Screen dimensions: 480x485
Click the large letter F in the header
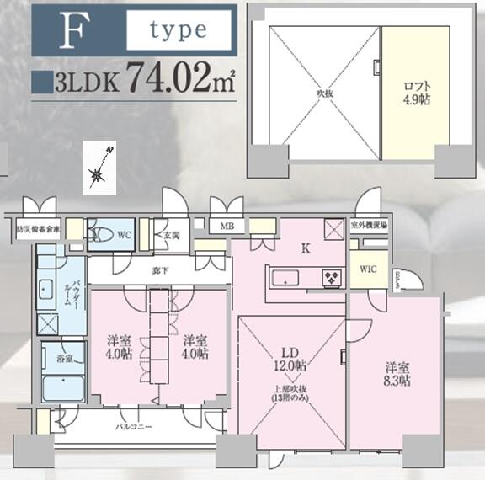pyautogui.click(x=73, y=32)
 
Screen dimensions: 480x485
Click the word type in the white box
pyautogui.click(x=178, y=30)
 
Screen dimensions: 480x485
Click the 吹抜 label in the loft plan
pyautogui.click(x=323, y=93)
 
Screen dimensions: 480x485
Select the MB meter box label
pyautogui.click(x=227, y=226)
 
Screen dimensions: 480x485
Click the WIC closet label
pyautogui.click(x=367, y=269)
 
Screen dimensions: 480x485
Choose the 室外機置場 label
pyautogui.click(x=369, y=226)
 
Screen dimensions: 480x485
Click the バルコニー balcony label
pyautogui.click(x=134, y=427)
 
